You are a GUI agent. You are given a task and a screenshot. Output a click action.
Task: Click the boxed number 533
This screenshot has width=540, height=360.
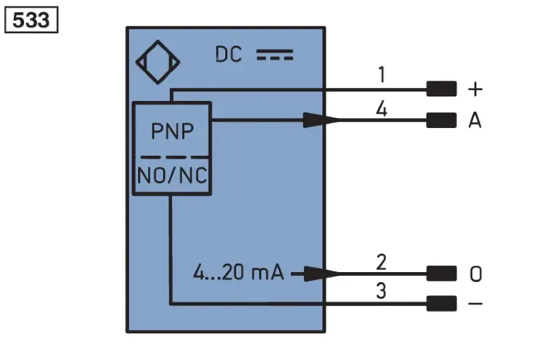point(31,20)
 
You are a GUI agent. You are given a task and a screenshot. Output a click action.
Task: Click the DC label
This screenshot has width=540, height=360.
point(228,55)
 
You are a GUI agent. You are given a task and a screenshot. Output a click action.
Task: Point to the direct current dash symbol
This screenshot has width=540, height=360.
point(275,55)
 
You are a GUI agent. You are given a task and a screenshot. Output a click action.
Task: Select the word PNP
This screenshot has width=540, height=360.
point(173,131)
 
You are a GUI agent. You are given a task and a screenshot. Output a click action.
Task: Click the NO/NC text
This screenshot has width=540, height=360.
point(172,175)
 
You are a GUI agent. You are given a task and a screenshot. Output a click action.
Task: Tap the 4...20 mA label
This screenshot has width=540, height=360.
point(238,272)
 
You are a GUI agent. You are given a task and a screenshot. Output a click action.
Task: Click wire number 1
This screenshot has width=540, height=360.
point(382,75)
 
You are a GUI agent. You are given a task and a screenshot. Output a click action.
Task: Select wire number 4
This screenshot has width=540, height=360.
point(382,109)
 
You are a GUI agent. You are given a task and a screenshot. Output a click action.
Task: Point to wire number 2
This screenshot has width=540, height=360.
point(381,262)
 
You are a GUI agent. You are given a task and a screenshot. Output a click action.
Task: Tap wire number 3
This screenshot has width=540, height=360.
point(381,291)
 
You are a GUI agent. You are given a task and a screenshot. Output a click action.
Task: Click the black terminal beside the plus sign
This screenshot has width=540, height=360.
point(441,89)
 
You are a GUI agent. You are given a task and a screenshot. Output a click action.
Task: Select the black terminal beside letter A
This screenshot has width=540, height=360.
point(441,120)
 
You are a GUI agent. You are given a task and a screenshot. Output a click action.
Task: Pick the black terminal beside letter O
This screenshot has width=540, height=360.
point(441,274)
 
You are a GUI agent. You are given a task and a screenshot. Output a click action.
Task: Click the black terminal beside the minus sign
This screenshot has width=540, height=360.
point(441,304)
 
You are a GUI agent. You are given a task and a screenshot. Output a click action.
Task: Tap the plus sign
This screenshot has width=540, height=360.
point(475,89)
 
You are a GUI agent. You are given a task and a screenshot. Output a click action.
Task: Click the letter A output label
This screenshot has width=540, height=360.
point(475,120)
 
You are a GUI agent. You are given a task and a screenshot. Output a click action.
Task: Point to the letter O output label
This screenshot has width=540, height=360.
point(476,274)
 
